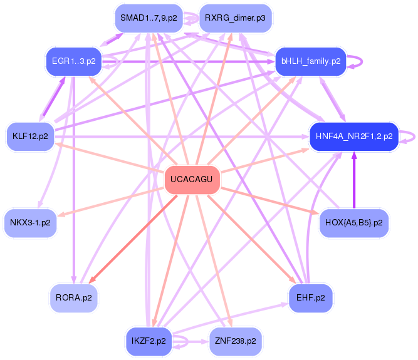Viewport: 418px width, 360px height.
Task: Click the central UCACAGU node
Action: point(192,181)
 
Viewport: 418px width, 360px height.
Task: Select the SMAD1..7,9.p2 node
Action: point(149,18)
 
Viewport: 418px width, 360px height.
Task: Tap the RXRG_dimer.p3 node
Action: point(234,18)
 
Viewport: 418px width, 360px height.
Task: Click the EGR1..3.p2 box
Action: point(73,61)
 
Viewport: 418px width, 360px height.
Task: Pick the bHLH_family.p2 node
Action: point(311,61)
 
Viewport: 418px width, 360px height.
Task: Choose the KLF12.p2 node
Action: point(29,135)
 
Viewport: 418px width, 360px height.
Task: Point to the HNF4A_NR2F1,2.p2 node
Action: point(354,135)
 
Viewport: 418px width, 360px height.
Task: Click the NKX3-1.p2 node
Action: point(30,222)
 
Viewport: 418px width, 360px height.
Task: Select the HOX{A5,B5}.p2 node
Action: point(354,222)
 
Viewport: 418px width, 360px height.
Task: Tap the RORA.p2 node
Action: point(73,297)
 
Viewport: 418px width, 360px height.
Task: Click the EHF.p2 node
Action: point(310,297)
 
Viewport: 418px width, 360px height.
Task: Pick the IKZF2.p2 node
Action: point(149,341)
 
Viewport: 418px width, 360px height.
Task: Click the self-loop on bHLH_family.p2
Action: point(362,61)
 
